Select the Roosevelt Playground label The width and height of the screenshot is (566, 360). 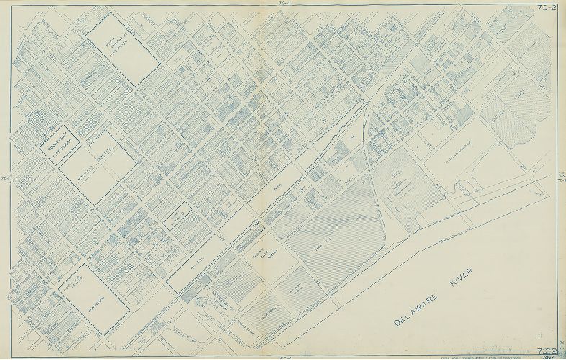click(58, 140)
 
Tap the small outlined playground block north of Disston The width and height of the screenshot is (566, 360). click(176, 215)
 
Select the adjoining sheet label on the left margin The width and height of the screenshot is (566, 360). click(4, 179)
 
